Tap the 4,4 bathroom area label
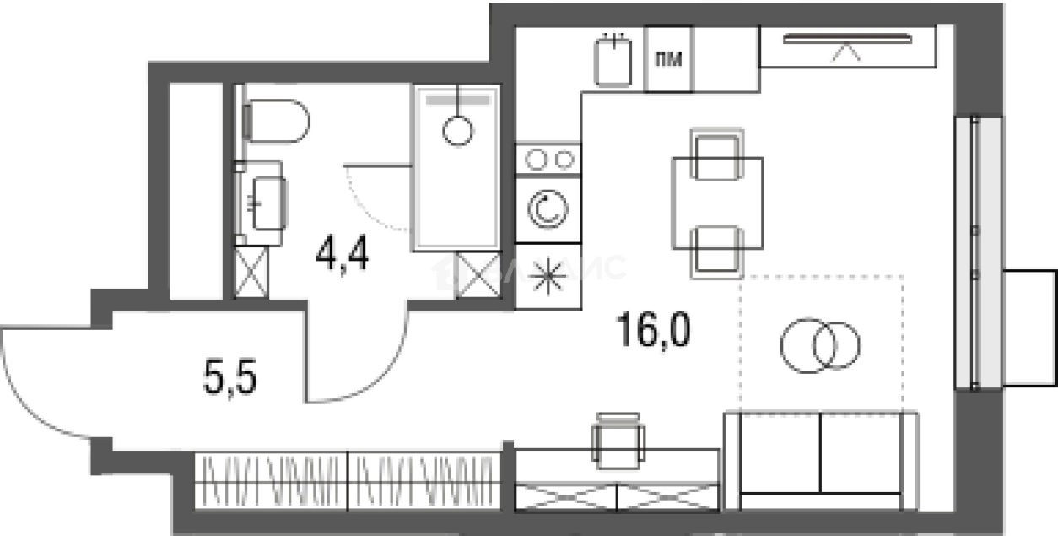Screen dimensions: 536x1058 (343, 254)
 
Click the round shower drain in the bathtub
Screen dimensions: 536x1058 (457, 130)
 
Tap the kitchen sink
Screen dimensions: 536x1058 (614, 61)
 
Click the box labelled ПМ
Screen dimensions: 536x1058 (668, 59)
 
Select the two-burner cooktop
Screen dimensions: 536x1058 (548, 158)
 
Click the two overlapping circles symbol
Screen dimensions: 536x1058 (820, 344)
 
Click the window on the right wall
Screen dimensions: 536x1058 (977, 251)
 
